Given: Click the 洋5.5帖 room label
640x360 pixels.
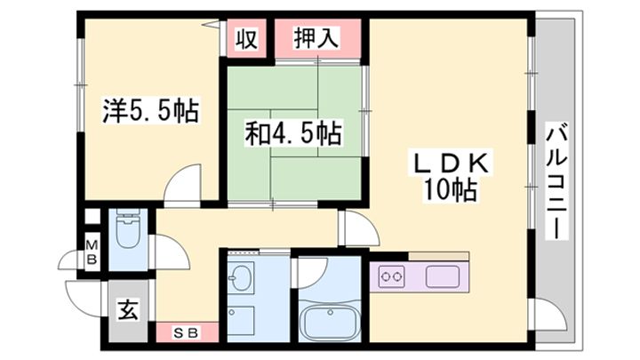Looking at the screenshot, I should (x=150, y=113).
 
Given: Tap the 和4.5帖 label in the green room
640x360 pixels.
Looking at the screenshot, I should (x=293, y=135).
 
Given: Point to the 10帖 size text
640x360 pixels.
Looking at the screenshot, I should (x=452, y=190).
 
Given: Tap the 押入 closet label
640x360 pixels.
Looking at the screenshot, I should (x=316, y=38).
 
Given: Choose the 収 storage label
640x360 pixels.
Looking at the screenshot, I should (x=246, y=39).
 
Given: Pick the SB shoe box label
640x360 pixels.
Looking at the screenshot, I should (x=186, y=332).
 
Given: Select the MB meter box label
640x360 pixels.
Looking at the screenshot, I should (x=91, y=252).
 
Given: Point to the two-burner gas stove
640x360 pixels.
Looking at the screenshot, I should (x=392, y=277).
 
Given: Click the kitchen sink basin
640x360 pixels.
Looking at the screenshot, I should (x=441, y=277).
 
